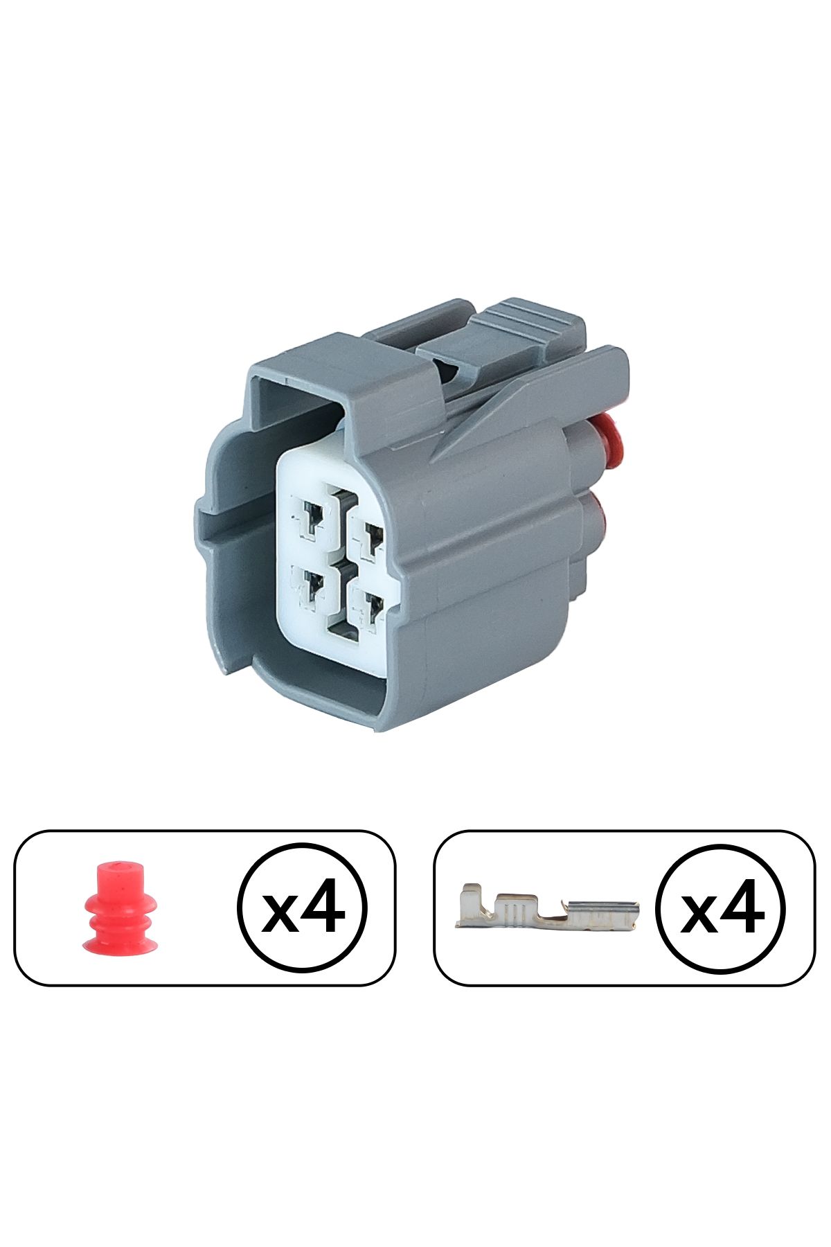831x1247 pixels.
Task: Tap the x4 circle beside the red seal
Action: (x=302, y=908)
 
